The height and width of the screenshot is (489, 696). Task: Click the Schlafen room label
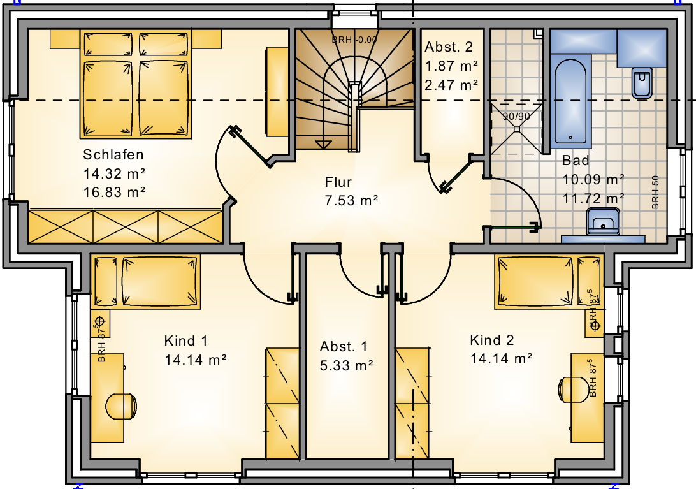click(x=113, y=154)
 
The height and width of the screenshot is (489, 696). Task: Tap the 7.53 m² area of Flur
click(x=351, y=201)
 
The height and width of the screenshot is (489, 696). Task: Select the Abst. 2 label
click(x=449, y=47)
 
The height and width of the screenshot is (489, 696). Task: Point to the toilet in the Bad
click(x=642, y=83)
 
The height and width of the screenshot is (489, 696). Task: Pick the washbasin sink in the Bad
click(x=603, y=222)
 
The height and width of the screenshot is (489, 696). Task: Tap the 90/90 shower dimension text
click(x=516, y=117)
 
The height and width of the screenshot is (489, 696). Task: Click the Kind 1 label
click(x=185, y=340)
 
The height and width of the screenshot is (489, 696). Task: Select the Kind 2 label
click(x=492, y=340)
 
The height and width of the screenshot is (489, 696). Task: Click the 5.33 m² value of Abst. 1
click(x=346, y=365)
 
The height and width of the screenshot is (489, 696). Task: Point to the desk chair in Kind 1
click(x=121, y=406)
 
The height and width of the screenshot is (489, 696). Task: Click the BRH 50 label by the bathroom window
click(x=656, y=193)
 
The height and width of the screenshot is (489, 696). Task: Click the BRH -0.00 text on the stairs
click(x=354, y=40)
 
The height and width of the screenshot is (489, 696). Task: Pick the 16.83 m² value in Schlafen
click(x=114, y=193)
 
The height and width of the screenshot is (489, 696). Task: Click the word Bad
click(x=576, y=160)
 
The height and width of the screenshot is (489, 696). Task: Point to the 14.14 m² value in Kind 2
click(x=501, y=358)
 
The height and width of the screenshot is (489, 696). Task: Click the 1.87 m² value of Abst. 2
click(x=451, y=66)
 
